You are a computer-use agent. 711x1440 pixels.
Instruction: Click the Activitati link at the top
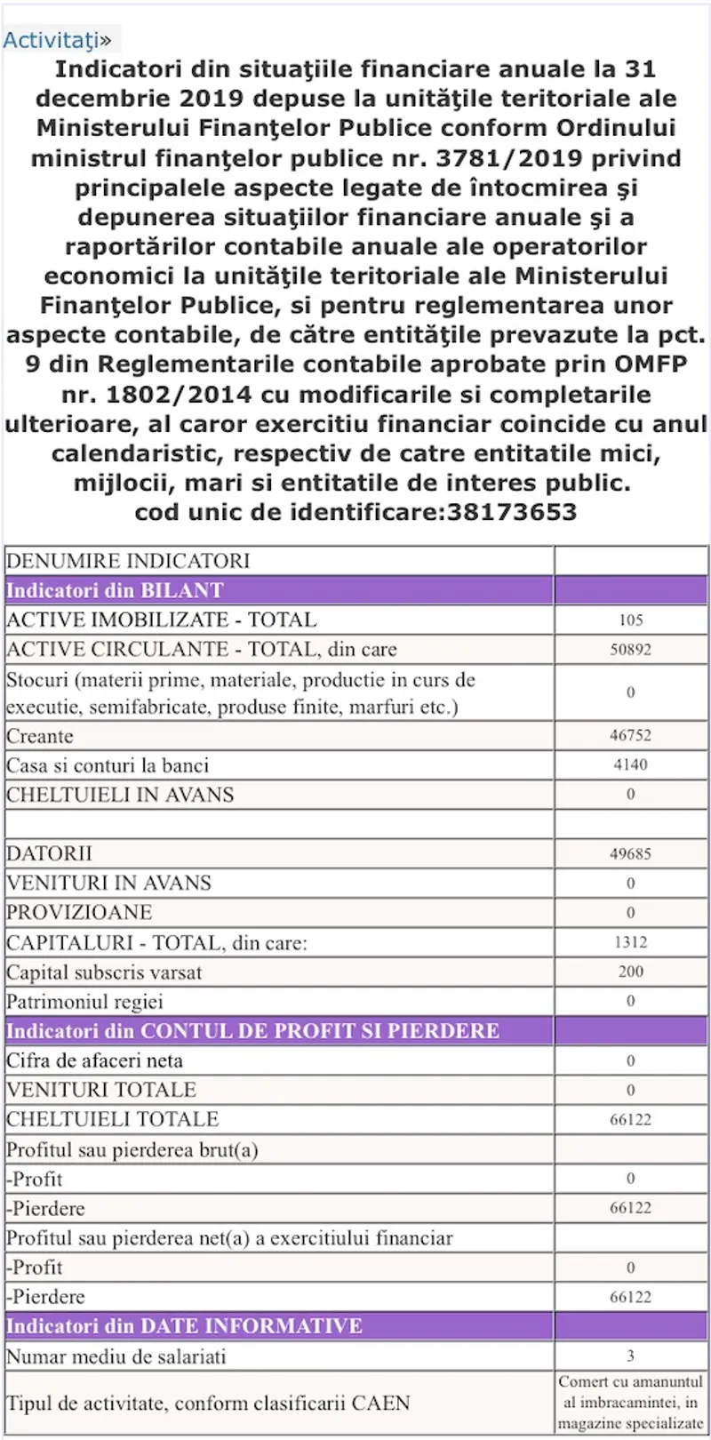click(52, 40)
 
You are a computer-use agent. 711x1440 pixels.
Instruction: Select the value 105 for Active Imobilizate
click(630, 620)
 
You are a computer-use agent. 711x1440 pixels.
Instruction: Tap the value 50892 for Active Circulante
click(630, 650)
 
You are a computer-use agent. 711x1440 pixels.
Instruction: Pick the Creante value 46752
click(630, 736)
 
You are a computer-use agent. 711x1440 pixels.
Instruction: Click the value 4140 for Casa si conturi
click(630, 764)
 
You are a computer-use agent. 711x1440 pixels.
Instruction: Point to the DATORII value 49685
click(630, 854)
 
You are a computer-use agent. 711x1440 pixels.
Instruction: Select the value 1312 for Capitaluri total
click(630, 942)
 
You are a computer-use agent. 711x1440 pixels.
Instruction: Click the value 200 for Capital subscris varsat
click(630, 972)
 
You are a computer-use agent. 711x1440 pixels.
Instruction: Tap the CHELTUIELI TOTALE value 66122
click(630, 1120)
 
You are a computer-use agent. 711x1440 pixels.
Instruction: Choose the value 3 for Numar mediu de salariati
click(630, 1356)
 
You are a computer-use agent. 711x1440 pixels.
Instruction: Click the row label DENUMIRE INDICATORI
click(128, 561)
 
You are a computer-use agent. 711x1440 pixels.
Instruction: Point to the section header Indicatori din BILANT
click(115, 590)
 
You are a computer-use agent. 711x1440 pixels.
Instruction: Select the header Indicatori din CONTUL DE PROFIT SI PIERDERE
click(252, 1031)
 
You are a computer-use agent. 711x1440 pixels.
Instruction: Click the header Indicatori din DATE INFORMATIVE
click(184, 1326)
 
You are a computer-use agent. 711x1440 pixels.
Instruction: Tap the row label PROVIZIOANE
click(79, 913)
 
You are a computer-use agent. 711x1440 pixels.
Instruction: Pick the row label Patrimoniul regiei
click(84, 1002)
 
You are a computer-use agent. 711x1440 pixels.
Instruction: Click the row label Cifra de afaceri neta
click(94, 1060)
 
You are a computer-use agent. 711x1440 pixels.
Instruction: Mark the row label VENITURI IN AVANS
click(108, 884)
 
